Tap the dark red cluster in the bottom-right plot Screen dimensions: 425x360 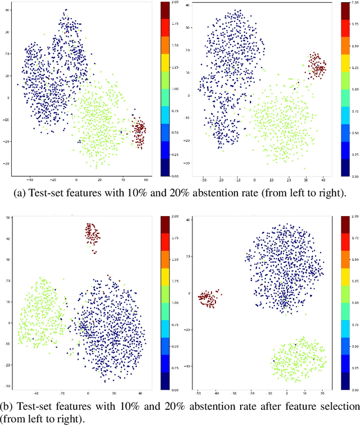(x=209, y=298)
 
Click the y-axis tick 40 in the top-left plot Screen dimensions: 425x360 (x=7, y=10)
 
